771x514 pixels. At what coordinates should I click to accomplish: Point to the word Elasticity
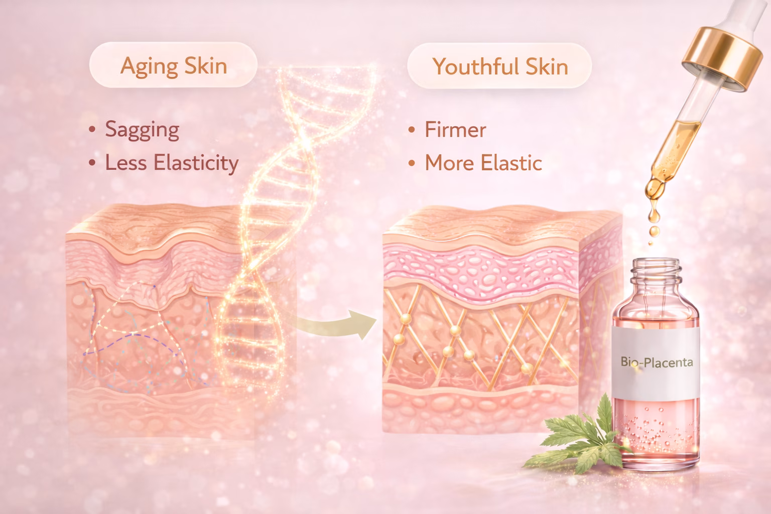click(x=196, y=163)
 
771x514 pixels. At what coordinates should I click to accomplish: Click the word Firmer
click(x=455, y=130)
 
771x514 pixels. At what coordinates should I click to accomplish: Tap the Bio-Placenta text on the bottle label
click(x=657, y=362)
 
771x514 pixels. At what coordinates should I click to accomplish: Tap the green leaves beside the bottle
click(x=582, y=437)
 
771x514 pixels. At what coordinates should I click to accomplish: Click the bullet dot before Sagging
click(x=92, y=130)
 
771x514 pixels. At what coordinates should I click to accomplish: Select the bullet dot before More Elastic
click(x=412, y=163)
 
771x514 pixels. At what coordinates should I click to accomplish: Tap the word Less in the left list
click(x=126, y=163)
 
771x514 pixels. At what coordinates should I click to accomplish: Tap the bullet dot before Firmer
click(x=412, y=130)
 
